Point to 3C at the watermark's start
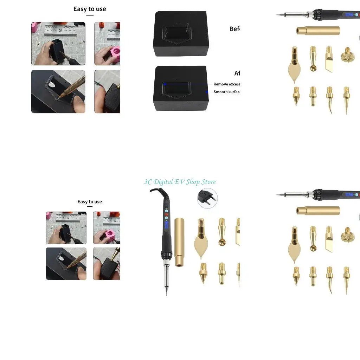coord(148,182)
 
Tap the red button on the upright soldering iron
coord(165,215)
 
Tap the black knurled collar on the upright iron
coord(165,253)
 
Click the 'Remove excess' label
coord(226,84)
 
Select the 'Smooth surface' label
coord(226,92)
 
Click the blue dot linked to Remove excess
coord(165,84)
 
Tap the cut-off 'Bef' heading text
coord(234,29)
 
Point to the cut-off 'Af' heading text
coord(237,73)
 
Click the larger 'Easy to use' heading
coord(90,9)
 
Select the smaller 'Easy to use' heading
coord(90,202)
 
